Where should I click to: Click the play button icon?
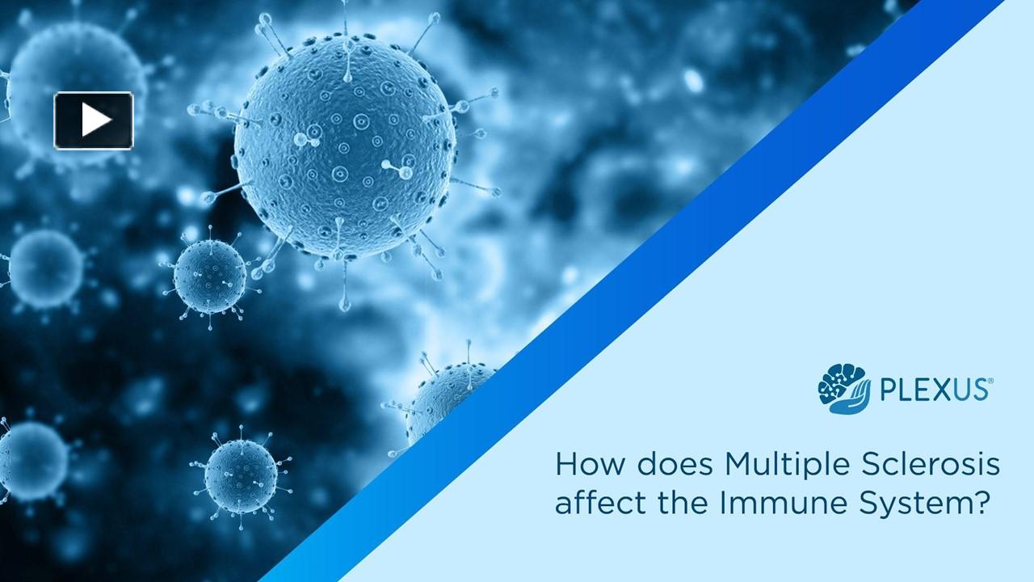(x=94, y=120)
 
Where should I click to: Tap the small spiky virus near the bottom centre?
(x=241, y=473)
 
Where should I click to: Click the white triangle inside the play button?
(x=96, y=120)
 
